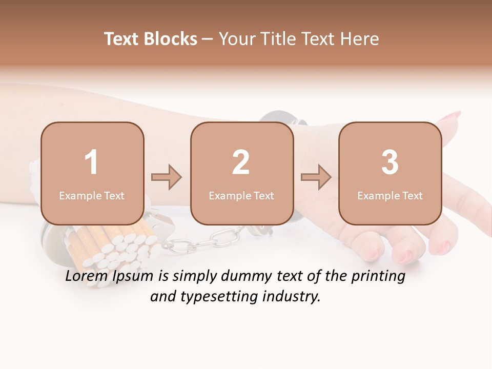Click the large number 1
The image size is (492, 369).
tap(91, 162)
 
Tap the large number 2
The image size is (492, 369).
tap(241, 162)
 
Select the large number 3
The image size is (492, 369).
tap(390, 162)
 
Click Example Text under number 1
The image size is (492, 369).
tap(92, 196)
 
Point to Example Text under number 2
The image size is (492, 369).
tap(241, 196)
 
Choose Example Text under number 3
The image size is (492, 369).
tap(390, 196)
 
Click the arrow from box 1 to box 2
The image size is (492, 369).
tap(167, 177)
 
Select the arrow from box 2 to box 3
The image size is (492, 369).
tap(316, 177)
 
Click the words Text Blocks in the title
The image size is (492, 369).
tap(151, 39)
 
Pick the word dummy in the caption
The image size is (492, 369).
tap(246, 277)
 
